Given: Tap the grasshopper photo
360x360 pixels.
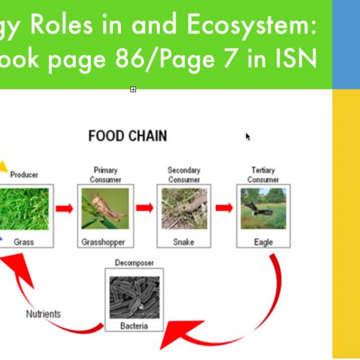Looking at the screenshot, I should pyautogui.click(x=105, y=208).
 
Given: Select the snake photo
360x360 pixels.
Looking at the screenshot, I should pyautogui.click(x=184, y=208).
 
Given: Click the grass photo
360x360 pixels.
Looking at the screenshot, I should pyautogui.click(x=24, y=208).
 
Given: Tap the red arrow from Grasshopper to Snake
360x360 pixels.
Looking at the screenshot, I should pyautogui.click(x=145, y=208).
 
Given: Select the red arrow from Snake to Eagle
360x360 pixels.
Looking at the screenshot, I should pyautogui.click(x=225, y=208).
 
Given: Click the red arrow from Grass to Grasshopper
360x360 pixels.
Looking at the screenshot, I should pyautogui.click(x=66, y=208).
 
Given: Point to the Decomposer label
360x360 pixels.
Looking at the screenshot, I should pyautogui.click(x=135, y=263).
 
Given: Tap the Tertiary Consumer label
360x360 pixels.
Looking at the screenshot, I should pyautogui.click(x=264, y=175).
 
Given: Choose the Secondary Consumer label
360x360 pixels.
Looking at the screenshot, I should pyautogui.click(x=184, y=175).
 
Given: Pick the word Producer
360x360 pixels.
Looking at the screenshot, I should pyautogui.click(x=24, y=174).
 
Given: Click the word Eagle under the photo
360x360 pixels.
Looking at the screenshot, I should pyautogui.click(x=264, y=242).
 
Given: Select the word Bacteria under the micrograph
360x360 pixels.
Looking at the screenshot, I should pyautogui.click(x=135, y=328).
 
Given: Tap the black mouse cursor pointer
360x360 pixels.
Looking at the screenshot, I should pyautogui.click(x=248, y=137).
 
